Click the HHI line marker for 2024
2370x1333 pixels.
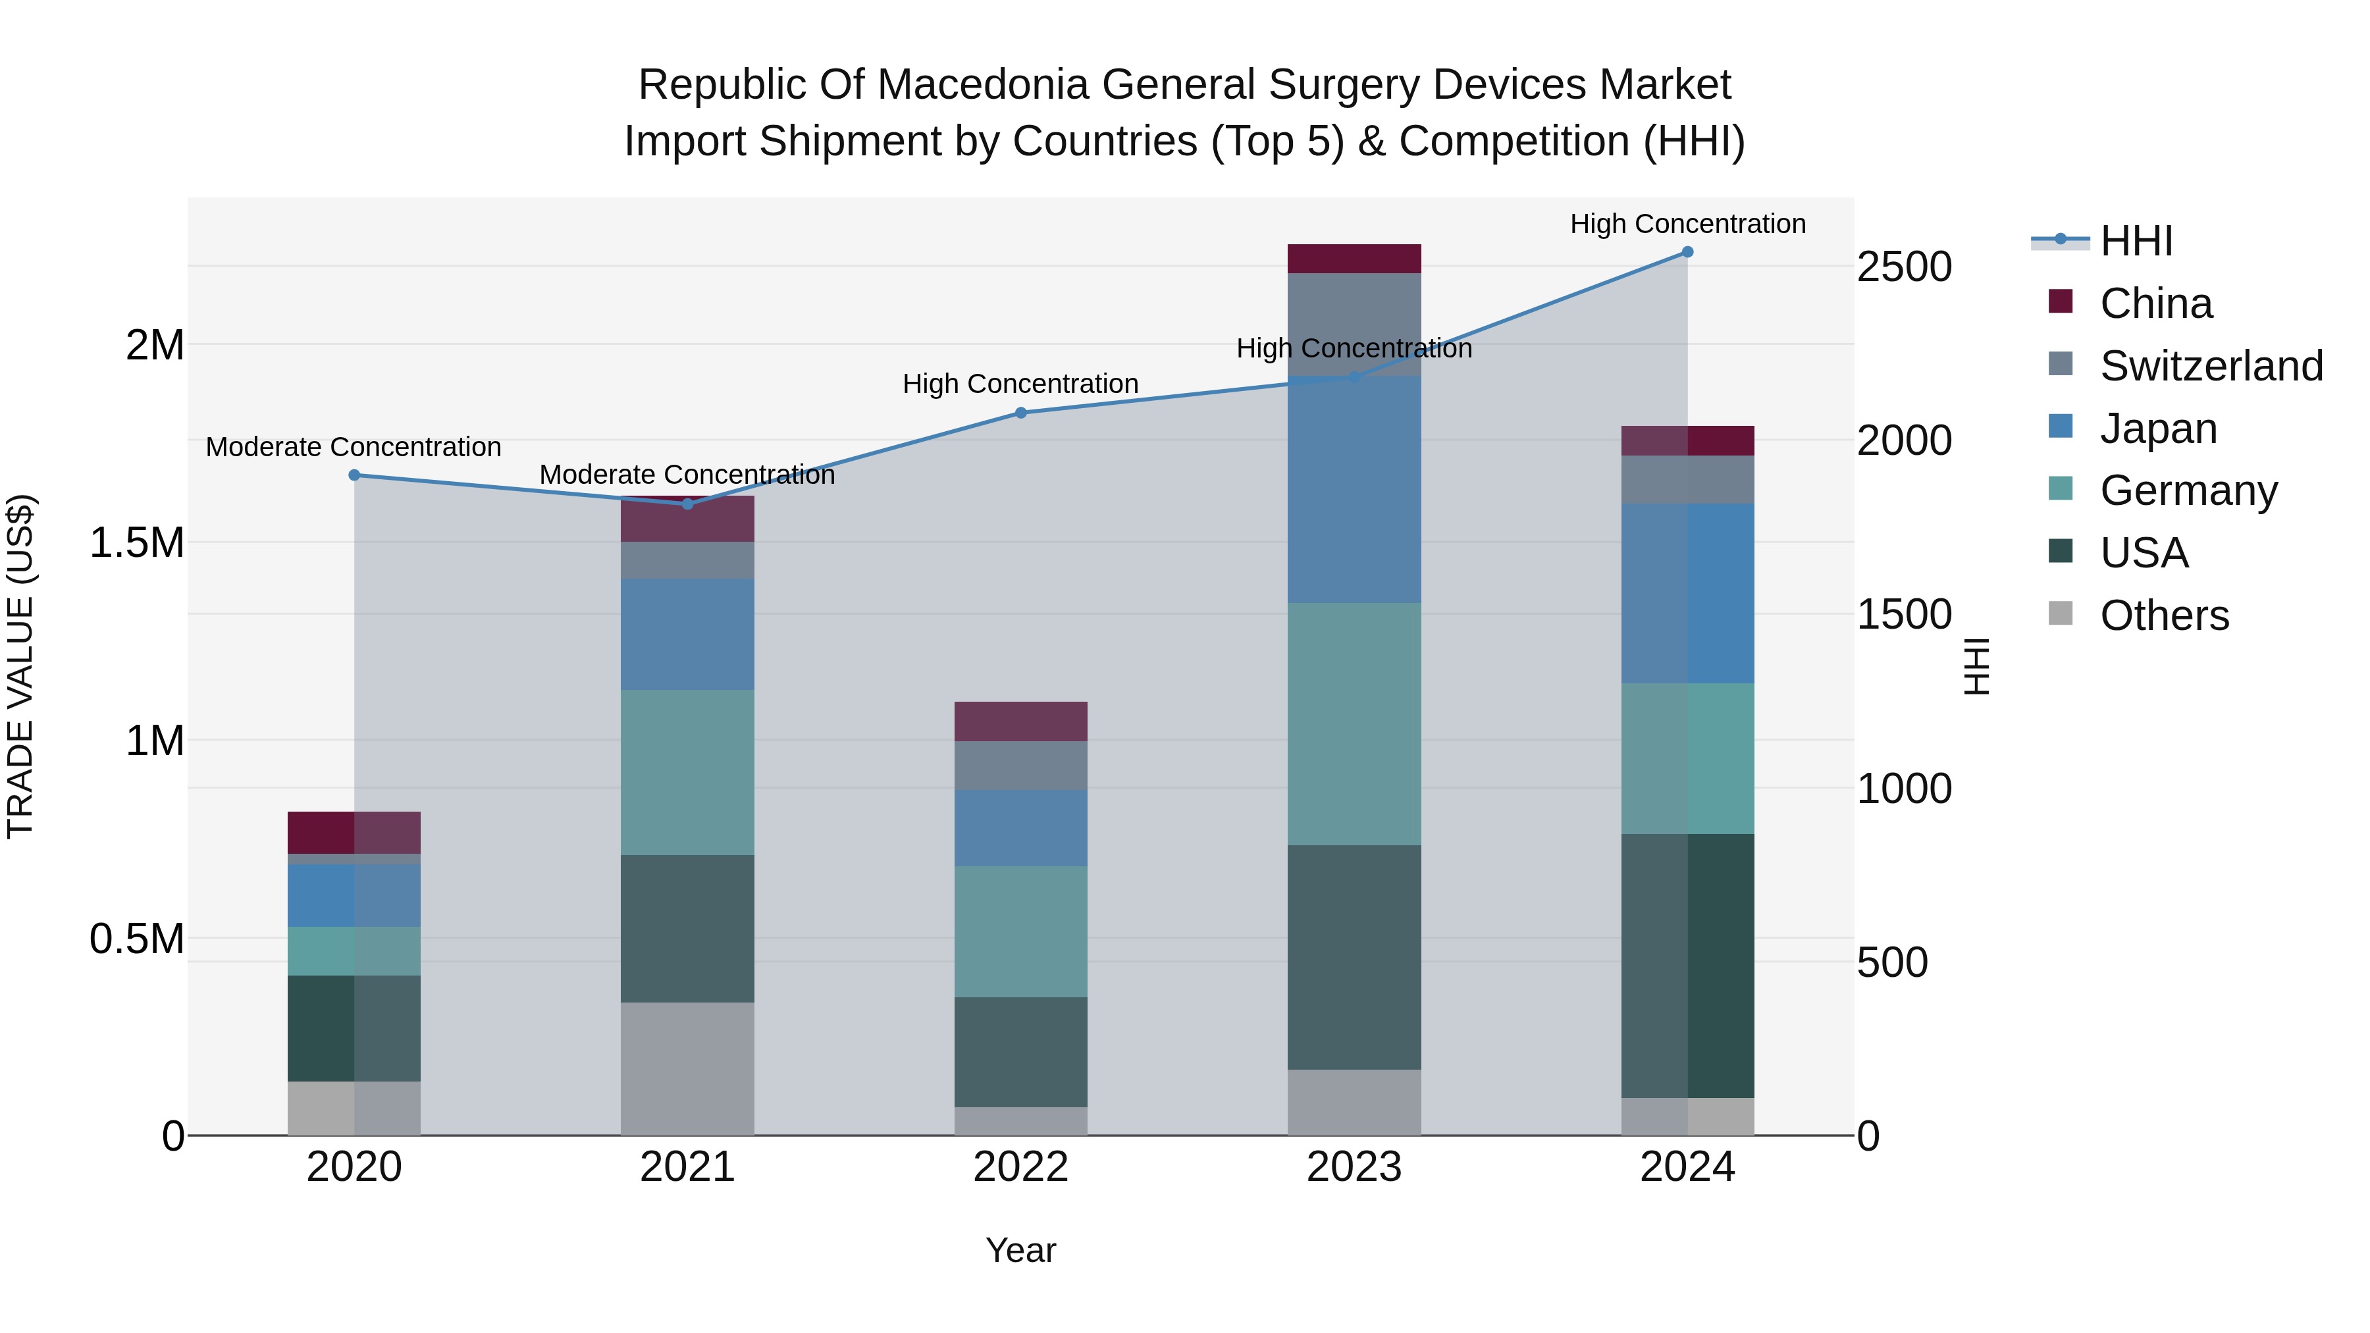point(1687,252)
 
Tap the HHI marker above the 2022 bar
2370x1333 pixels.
point(1020,413)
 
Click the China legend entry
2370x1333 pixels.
point(2155,303)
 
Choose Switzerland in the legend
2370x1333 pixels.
point(2211,366)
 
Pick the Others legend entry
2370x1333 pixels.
point(2164,615)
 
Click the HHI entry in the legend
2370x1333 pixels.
point(2136,241)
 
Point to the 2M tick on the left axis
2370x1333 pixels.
point(155,346)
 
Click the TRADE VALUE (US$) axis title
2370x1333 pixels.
point(20,666)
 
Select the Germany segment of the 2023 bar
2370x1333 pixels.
point(1354,724)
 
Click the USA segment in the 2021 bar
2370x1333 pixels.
point(687,928)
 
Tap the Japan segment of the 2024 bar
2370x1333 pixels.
point(1687,593)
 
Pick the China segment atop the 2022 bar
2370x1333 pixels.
point(1020,721)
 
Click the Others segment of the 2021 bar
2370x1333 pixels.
point(687,1069)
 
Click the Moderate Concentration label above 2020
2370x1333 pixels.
point(354,447)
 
